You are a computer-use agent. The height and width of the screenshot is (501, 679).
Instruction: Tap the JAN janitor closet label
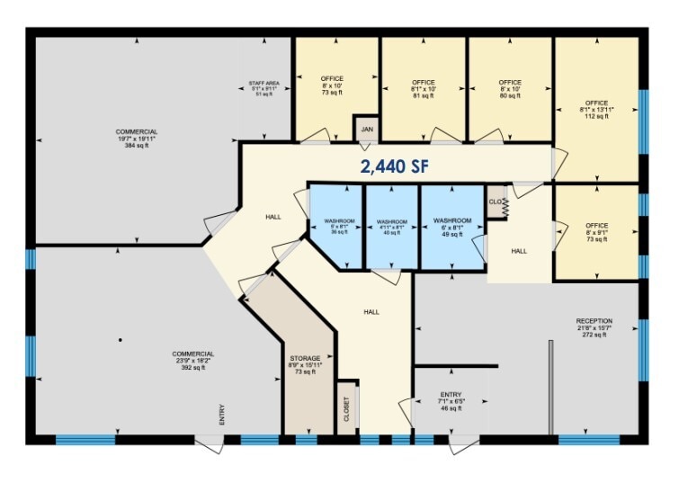tap(366, 130)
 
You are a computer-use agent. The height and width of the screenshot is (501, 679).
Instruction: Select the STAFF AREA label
tap(264, 88)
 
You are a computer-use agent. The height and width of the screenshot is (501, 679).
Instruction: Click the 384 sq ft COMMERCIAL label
tap(137, 139)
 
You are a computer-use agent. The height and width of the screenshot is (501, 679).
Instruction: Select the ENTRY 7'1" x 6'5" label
tap(451, 401)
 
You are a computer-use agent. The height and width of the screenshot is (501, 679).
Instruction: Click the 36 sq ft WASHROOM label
tap(339, 226)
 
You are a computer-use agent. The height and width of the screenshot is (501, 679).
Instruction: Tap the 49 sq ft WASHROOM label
tap(452, 226)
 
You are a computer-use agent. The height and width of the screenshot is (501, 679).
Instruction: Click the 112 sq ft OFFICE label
tap(596, 109)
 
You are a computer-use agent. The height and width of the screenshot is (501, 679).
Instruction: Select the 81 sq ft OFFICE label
tap(423, 89)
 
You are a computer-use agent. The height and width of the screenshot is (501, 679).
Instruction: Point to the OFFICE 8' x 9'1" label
tap(596, 231)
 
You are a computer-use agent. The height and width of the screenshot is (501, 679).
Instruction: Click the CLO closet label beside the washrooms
tap(496, 202)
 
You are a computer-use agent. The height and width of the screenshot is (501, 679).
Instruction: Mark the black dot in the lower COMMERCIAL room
tap(120, 339)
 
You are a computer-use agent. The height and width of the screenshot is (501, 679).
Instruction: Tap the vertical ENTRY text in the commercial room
tap(220, 415)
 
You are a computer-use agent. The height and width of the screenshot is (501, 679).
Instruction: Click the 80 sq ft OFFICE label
tap(510, 89)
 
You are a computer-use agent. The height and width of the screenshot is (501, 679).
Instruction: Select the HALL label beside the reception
tap(519, 251)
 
